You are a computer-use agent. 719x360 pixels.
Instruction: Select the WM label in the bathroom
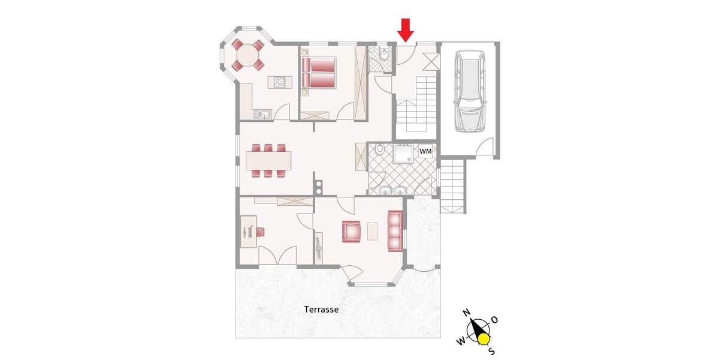[x=425, y=151]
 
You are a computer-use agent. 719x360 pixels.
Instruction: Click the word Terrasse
[x=321, y=310]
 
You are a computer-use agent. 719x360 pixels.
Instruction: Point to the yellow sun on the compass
[x=484, y=340]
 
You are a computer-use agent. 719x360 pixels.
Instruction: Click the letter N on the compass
[x=466, y=313]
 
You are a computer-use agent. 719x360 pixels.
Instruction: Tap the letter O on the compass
[x=494, y=319]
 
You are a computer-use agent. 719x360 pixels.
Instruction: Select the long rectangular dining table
[x=268, y=160]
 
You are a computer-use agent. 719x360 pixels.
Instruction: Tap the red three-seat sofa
[x=395, y=231]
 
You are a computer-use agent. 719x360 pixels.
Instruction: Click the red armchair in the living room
[x=352, y=231]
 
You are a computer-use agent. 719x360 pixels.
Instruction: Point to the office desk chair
[x=261, y=231]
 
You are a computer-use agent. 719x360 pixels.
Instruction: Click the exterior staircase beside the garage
[x=453, y=185]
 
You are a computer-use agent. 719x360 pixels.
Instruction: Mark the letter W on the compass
[x=461, y=341]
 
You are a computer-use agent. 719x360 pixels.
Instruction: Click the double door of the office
[x=276, y=257]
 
